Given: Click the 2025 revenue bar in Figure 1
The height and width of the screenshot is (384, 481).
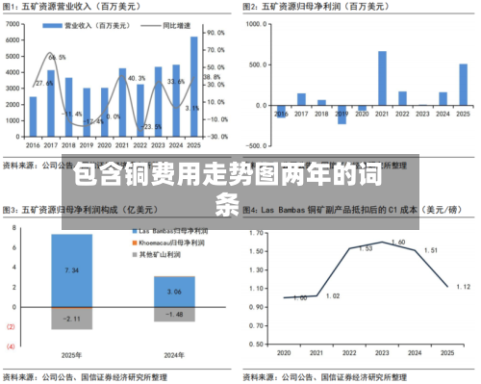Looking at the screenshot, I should pyautogui.click(x=194, y=87).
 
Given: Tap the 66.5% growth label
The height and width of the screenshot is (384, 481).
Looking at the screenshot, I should pyautogui.click(x=57, y=58).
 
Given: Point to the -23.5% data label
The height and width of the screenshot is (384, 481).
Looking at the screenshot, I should pyautogui.click(x=152, y=126).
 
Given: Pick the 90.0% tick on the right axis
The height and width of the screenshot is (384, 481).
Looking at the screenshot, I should pyautogui.click(x=217, y=32).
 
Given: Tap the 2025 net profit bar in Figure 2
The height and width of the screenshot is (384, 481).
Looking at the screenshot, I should pyautogui.click(x=463, y=85).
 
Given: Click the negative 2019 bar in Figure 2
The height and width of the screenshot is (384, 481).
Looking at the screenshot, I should pyautogui.click(x=342, y=115).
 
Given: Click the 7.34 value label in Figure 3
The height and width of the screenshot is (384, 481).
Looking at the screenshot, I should pyautogui.click(x=71, y=271).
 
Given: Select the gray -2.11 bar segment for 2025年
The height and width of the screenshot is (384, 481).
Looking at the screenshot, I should pyautogui.click(x=71, y=319).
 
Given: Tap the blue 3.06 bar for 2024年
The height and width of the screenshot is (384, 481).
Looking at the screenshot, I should pyautogui.click(x=174, y=291).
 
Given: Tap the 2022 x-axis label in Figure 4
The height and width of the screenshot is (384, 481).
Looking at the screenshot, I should pyautogui.click(x=352, y=352).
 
